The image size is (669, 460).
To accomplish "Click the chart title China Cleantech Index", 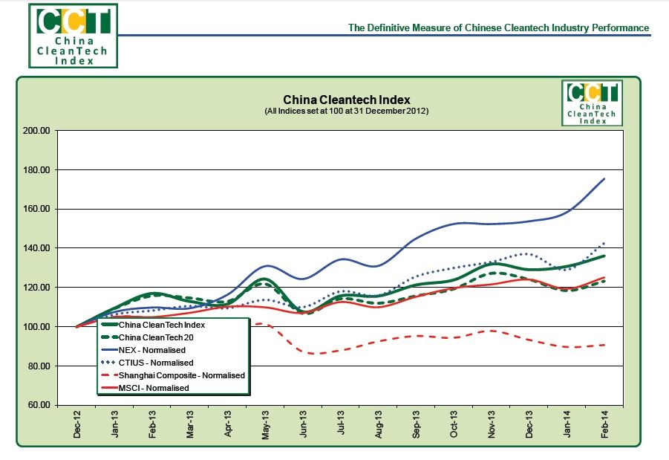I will (346, 100).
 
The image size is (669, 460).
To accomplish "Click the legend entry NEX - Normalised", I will (151, 349).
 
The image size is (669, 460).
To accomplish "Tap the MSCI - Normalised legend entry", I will (154, 388).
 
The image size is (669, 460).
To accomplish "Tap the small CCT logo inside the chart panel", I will (593, 103).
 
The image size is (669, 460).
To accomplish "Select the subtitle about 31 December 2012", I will (346, 111).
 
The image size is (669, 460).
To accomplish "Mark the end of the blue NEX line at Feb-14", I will (604, 179).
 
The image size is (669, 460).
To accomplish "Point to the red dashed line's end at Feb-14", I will (604, 345).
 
